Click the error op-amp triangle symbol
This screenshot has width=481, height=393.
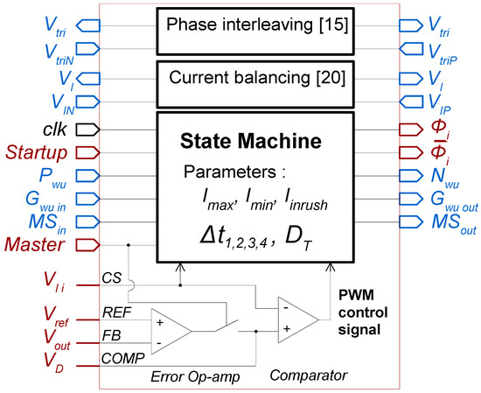pos(171,330)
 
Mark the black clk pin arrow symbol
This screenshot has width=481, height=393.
pos(87,130)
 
